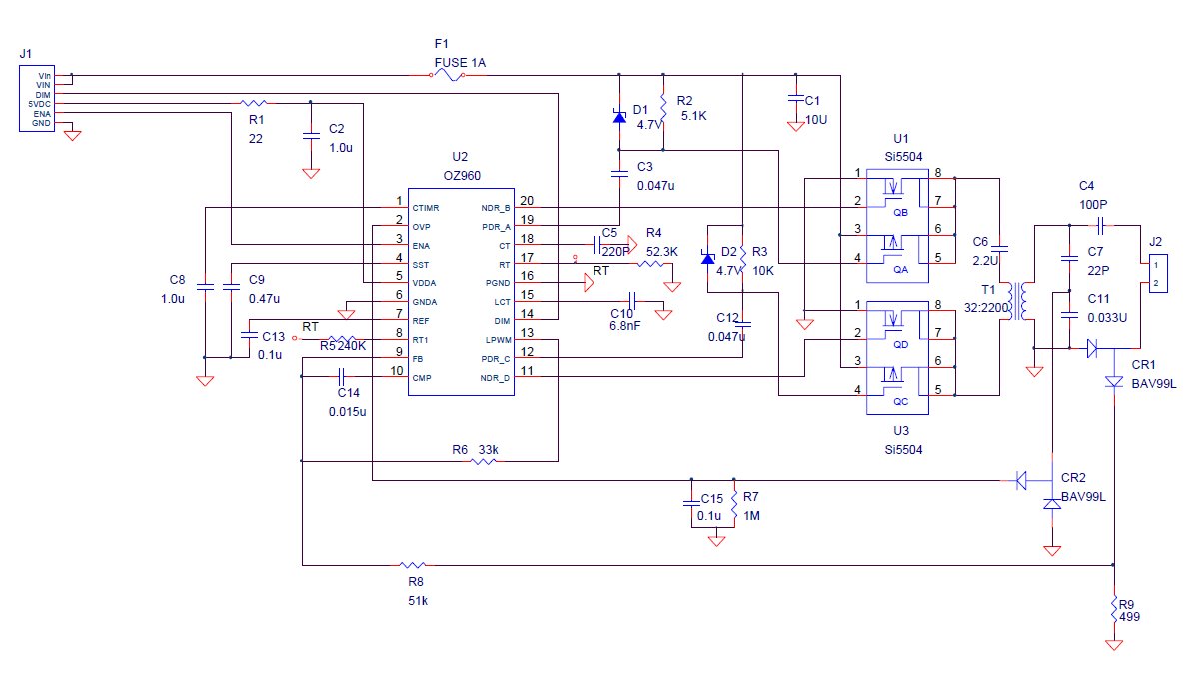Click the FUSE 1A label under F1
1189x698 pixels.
[460, 62]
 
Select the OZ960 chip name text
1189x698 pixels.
[460, 175]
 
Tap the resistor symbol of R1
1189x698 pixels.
[254, 102]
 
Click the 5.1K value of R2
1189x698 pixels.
[692, 116]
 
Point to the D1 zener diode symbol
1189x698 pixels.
[619, 117]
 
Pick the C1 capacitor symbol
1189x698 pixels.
[796, 100]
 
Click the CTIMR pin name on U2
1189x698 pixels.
[427, 208]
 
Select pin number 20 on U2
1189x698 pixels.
[527, 201]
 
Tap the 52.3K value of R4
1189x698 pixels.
[662, 252]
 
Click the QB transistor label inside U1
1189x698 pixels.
[900, 212]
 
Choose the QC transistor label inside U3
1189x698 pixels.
[900, 402]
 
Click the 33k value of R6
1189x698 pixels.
[488, 449]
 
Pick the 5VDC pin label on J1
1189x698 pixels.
[40, 104]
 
